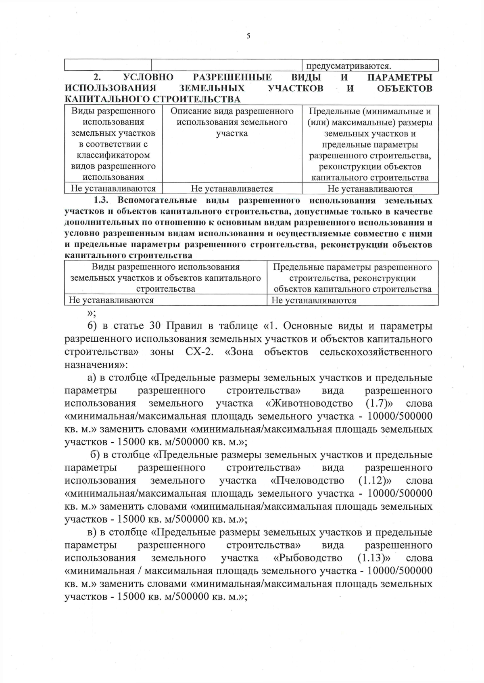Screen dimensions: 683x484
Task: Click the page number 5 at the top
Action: point(248,36)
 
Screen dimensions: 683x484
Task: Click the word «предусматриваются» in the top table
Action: point(348,66)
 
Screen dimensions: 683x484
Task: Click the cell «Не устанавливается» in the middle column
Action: point(232,189)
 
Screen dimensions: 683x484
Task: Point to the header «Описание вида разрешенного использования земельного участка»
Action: point(232,122)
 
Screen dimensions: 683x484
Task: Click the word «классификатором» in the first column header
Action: point(113,155)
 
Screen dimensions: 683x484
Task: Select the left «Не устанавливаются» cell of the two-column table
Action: point(111,300)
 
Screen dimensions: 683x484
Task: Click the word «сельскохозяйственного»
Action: point(376,352)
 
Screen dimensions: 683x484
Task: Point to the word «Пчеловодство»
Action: point(307,481)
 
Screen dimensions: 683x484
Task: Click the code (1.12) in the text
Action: point(375,481)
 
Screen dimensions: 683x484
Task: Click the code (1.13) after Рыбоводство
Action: point(374,558)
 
